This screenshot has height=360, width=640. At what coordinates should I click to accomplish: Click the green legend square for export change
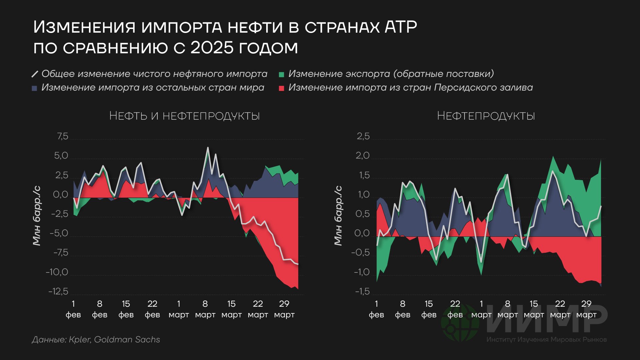[282, 75]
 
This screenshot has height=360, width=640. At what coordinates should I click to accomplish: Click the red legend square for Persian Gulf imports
[282, 88]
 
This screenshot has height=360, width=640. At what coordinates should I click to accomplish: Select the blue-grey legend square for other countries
[34, 88]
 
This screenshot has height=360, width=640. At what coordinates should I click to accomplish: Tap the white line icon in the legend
[35, 74]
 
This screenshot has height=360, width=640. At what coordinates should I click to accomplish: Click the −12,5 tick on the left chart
[58, 291]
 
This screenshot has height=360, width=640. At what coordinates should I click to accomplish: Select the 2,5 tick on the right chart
[363, 136]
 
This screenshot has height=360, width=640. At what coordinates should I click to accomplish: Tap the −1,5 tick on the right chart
[362, 291]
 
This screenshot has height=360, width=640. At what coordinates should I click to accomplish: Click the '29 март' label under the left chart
[284, 309]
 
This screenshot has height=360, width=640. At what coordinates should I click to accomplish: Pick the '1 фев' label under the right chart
[376, 309]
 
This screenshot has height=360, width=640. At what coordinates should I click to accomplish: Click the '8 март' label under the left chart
[205, 309]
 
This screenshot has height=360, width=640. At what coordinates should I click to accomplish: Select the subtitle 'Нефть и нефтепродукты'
[184, 116]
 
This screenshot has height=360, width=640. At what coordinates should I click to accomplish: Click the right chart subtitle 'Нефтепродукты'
[486, 116]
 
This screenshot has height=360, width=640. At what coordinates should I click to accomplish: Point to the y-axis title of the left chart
[37, 215]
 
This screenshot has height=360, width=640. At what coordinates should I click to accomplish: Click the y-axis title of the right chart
[338, 215]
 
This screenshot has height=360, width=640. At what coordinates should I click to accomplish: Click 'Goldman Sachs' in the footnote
[127, 339]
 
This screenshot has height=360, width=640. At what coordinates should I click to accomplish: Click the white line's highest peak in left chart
[208, 148]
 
